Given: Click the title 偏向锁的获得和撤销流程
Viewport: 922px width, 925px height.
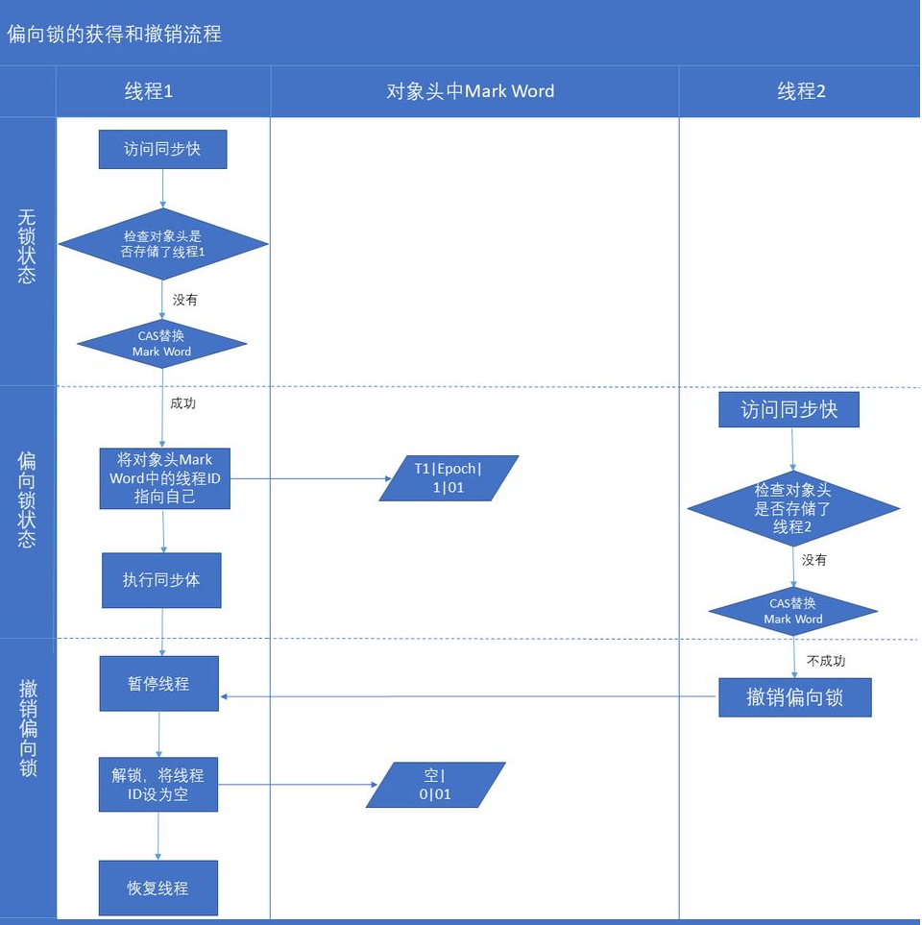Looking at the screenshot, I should (x=114, y=35).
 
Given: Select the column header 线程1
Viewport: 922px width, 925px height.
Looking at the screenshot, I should (x=149, y=91).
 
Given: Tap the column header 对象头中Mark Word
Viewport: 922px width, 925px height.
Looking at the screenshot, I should (x=471, y=91).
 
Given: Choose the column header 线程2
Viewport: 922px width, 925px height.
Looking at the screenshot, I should (x=801, y=91).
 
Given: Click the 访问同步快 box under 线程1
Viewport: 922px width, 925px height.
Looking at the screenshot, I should (x=162, y=149).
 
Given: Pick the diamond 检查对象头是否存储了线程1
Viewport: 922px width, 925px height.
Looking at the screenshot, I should (x=163, y=244).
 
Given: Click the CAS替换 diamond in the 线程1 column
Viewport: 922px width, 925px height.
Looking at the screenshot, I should (x=161, y=344).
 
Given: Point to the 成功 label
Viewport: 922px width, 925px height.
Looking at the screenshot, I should (x=182, y=403).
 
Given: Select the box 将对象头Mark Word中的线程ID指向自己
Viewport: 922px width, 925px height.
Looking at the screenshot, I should (x=164, y=477).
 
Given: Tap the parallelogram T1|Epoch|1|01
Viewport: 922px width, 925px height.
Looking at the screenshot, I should (x=449, y=477).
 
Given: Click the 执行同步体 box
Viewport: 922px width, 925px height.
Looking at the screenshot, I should (x=161, y=580).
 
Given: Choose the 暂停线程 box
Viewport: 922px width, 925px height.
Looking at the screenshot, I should (x=158, y=684).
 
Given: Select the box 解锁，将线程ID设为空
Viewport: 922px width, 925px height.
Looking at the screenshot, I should (x=158, y=785).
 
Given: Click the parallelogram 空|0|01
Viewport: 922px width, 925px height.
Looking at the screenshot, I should (x=435, y=785).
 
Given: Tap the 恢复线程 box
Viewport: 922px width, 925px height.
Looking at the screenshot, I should (x=158, y=888).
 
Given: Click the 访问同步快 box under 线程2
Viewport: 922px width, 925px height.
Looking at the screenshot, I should (x=789, y=409).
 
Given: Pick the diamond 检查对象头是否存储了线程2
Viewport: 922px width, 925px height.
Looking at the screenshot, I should (x=793, y=508).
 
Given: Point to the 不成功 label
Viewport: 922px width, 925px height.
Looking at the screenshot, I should (x=826, y=661).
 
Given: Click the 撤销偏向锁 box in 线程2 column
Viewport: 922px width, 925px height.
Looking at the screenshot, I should (x=794, y=697).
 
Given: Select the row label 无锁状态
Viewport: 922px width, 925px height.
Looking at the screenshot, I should (x=27, y=246).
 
